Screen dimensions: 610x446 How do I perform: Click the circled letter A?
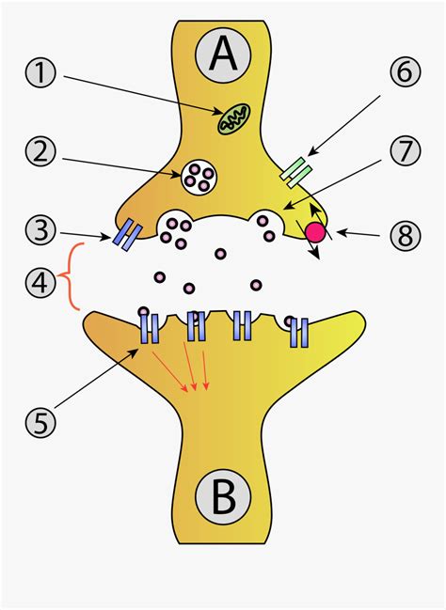tap(223, 56)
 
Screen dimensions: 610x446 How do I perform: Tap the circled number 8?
tap(405, 235)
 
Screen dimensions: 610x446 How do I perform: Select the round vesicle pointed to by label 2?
tap(199, 175)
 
